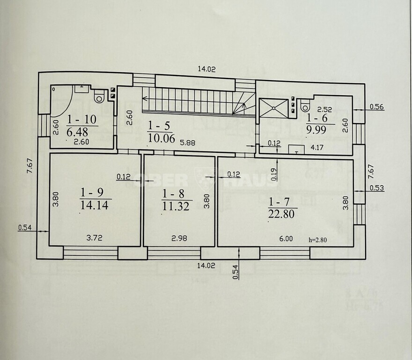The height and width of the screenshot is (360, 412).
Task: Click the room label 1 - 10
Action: [82, 120]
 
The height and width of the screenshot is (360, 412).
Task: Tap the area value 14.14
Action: [94, 205]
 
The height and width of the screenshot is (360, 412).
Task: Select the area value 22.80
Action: [281, 214]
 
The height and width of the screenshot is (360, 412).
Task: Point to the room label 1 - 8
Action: [173, 194]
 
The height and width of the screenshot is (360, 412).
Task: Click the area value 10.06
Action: [162, 138]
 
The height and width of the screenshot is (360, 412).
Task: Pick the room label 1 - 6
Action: [317, 118]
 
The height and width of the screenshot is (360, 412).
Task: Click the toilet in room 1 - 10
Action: [99, 96]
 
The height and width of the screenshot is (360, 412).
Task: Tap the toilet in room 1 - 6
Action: [305, 105]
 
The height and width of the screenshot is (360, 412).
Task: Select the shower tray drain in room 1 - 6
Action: [273, 108]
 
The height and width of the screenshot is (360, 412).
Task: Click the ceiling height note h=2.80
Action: [318, 240]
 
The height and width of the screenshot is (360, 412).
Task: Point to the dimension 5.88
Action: [187, 143]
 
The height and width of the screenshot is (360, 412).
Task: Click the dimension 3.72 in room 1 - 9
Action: [94, 238]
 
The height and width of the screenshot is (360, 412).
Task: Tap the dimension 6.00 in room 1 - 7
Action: [286, 239]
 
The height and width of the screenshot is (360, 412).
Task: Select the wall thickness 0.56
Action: [377, 107]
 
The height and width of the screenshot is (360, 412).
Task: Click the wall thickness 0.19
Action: [274, 174]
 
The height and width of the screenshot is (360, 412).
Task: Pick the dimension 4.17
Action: [317, 147]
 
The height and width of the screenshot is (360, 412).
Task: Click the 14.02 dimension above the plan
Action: [206, 69]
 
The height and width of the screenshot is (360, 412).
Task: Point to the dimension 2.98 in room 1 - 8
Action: [179, 238]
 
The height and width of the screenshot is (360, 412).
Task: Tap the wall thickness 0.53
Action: [377, 188]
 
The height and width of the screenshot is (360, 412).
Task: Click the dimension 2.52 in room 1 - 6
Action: [324, 110]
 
